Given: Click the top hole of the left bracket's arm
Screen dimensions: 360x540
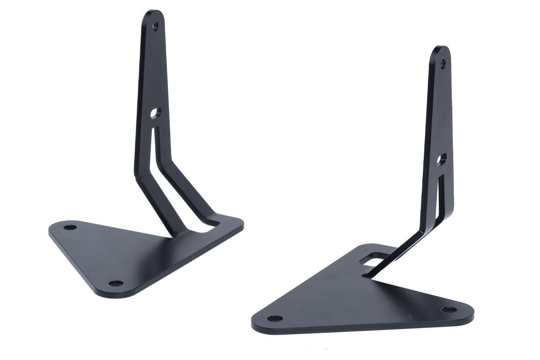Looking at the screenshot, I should click(156, 26).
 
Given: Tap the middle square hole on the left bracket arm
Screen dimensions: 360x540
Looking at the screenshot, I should click(155, 113).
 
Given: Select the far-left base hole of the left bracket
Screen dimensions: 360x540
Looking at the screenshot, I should click(70, 227).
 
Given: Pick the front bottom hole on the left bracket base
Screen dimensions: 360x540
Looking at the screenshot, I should click(115, 284).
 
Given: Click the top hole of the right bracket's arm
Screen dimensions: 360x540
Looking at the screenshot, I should click(443, 62).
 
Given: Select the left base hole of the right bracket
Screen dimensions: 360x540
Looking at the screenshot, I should click(275, 319).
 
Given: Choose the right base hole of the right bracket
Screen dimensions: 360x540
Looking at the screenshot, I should click(448, 310).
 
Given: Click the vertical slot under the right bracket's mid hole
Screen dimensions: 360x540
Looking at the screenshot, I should click(439, 192).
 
